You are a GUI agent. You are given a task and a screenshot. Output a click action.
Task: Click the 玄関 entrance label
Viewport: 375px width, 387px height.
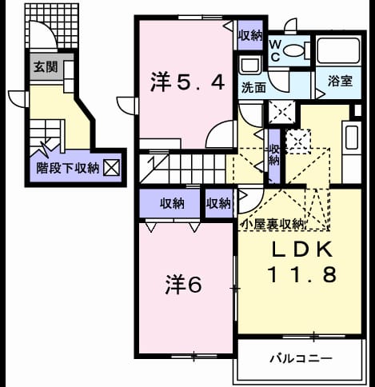(x=46, y=66)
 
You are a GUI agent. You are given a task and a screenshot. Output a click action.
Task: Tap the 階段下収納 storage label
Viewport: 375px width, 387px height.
(x=68, y=168)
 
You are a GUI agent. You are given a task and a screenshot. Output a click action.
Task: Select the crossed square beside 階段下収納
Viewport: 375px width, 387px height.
(x=111, y=168)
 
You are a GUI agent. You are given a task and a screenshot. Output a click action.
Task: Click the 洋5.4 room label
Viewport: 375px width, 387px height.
(x=187, y=82)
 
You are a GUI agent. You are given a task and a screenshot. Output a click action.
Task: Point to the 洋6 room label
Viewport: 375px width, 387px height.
(x=184, y=285)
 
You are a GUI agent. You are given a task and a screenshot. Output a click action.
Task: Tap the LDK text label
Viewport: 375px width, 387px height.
(x=302, y=249)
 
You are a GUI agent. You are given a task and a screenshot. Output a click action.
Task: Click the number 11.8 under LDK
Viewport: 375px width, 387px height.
(x=302, y=275)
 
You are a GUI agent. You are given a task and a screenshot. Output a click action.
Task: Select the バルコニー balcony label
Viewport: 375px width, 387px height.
(x=301, y=358)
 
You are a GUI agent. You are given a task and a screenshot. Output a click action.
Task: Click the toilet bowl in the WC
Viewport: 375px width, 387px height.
(x=293, y=50)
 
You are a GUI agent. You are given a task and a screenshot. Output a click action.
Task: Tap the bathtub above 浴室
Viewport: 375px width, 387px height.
(x=338, y=50)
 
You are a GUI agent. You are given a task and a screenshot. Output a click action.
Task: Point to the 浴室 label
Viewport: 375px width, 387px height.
(x=340, y=81)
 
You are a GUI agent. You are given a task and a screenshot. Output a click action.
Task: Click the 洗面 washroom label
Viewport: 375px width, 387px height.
(x=253, y=87)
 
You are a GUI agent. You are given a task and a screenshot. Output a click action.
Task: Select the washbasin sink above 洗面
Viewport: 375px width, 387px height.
(x=249, y=66)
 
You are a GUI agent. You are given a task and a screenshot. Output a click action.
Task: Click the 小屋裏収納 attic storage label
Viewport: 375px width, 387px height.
(x=272, y=225)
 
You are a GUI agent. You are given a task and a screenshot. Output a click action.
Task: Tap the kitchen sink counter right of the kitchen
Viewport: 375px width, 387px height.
(x=352, y=138)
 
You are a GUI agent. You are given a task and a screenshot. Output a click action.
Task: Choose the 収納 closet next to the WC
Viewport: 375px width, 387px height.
(x=250, y=35)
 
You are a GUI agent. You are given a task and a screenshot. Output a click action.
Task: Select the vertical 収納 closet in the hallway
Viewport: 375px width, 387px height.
(x=274, y=156)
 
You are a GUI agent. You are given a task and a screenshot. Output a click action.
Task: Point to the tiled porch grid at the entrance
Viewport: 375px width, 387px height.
(x=52, y=26)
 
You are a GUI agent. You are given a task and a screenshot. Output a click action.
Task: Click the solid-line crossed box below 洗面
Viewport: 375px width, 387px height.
(x=281, y=112)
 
